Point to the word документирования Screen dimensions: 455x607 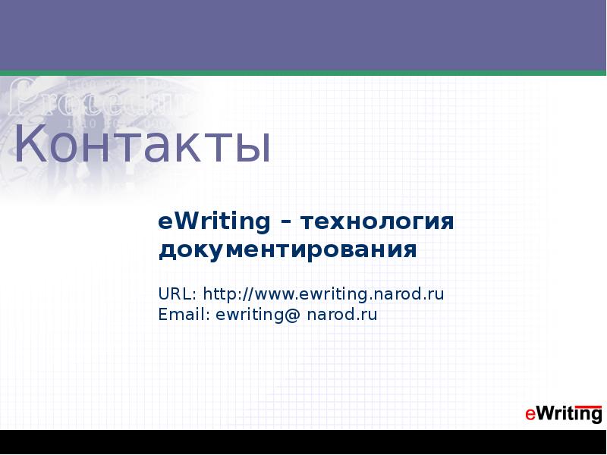tap(288, 249)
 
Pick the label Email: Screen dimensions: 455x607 tap(184, 314)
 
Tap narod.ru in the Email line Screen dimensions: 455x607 tap(341, 314)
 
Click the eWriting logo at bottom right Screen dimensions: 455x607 tap(563, 413)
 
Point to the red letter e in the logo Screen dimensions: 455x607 tap(530, 414)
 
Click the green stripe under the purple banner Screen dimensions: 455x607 tap(303, 73)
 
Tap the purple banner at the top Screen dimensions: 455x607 tap(303, 34)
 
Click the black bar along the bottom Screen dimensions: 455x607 tap(303, 442)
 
